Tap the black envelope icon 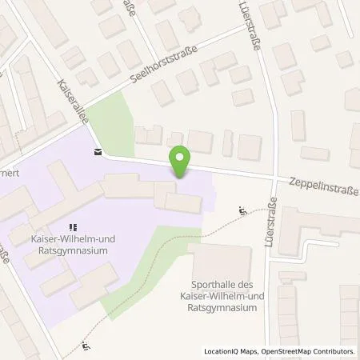[x=98, y=152]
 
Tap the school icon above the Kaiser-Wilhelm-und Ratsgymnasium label [x=73, y=227]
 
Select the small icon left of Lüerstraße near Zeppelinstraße [x=242, y=212]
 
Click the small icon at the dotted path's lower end [x=86, y=346]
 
